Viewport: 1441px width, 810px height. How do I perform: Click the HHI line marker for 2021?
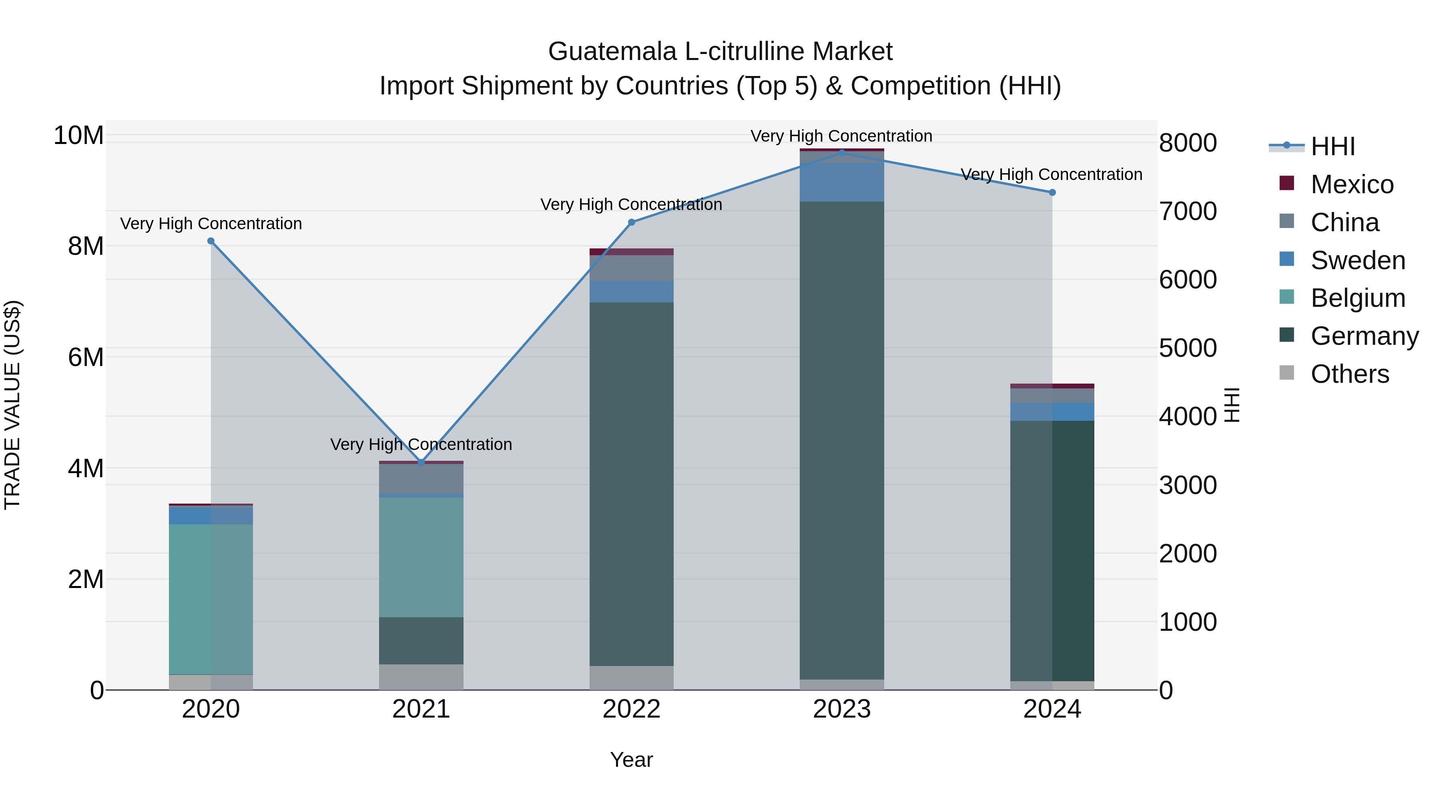[421, 462]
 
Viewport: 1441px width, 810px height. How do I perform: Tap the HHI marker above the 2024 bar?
[1052, 192]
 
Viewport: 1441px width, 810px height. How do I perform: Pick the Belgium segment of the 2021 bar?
[421, 557]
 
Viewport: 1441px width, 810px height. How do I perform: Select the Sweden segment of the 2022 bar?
[632, 291]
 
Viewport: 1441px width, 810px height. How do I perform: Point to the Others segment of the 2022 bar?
[632, 678]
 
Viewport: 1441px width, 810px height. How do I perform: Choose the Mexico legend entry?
[1351, 184]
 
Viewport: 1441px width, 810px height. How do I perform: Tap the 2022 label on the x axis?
[632, 709]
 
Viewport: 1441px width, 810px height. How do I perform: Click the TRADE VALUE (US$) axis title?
[12, 405]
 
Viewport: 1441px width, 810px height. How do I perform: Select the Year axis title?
[632, 760]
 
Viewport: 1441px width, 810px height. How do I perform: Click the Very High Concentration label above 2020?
[211, 224]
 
